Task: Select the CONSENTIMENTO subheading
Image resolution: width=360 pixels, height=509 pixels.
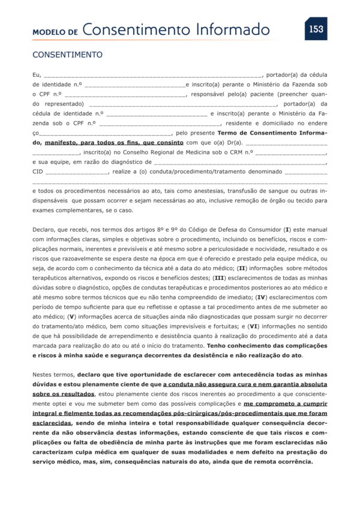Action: pos(67,55)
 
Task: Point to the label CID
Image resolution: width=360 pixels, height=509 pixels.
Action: pos(37,172)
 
